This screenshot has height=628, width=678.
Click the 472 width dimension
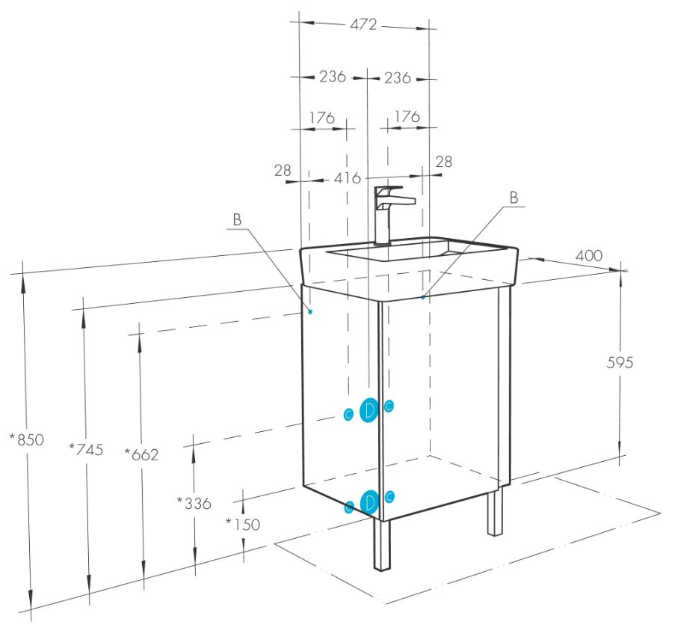[x=363, y=25]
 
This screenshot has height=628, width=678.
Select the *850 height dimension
[x=27, y=439]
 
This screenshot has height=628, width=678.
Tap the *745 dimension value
[x=86, y=450]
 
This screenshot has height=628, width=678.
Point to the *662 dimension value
[x=141, y=454]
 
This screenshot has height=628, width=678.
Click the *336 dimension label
[x=194, y=503]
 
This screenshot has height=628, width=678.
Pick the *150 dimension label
[x=243, y=525]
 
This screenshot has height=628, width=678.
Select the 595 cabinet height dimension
[x=620, y=362]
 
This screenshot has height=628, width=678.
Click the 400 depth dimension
[x=588, y=255]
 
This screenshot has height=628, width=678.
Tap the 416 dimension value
[x=347, y=177]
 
